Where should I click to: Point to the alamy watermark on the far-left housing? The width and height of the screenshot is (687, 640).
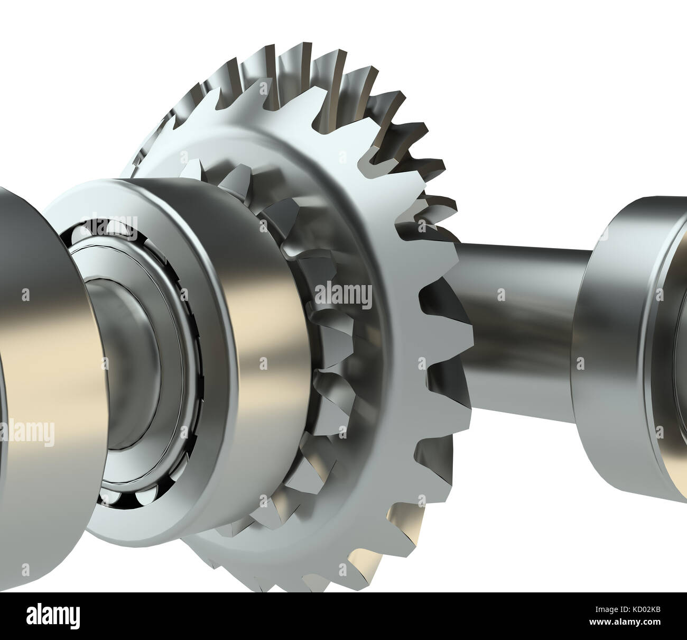coord(26,433)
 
